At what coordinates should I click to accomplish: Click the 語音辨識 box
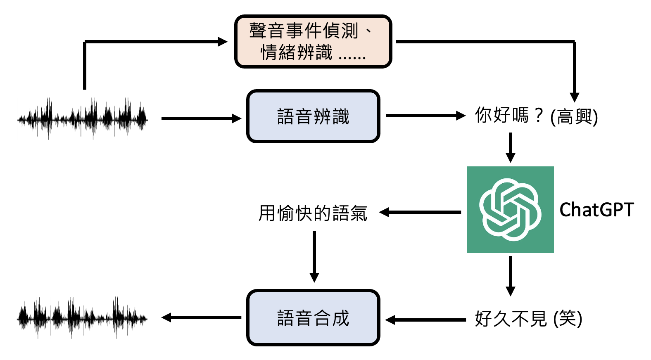[x=313, y=116]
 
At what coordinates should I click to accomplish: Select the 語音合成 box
[x=313, y=318]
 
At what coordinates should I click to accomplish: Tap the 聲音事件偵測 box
[x=313, y=42]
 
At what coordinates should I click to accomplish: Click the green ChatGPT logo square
[x=510, y=209]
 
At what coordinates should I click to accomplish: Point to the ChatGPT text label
[x=596, y=210]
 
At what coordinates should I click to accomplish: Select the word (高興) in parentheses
[x=574, y=117]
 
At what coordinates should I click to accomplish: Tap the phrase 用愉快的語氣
[x=313, y=213]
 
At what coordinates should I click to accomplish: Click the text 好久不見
[x=511, y=319]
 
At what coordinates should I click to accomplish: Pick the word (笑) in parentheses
[x=568, y=319]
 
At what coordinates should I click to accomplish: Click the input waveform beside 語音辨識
[x=83, y=119]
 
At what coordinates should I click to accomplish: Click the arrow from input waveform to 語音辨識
[x=201, y=119]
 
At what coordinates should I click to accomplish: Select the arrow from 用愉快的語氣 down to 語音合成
[x=314, y=256]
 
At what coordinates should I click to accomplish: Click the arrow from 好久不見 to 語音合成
[x=425, y=320]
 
